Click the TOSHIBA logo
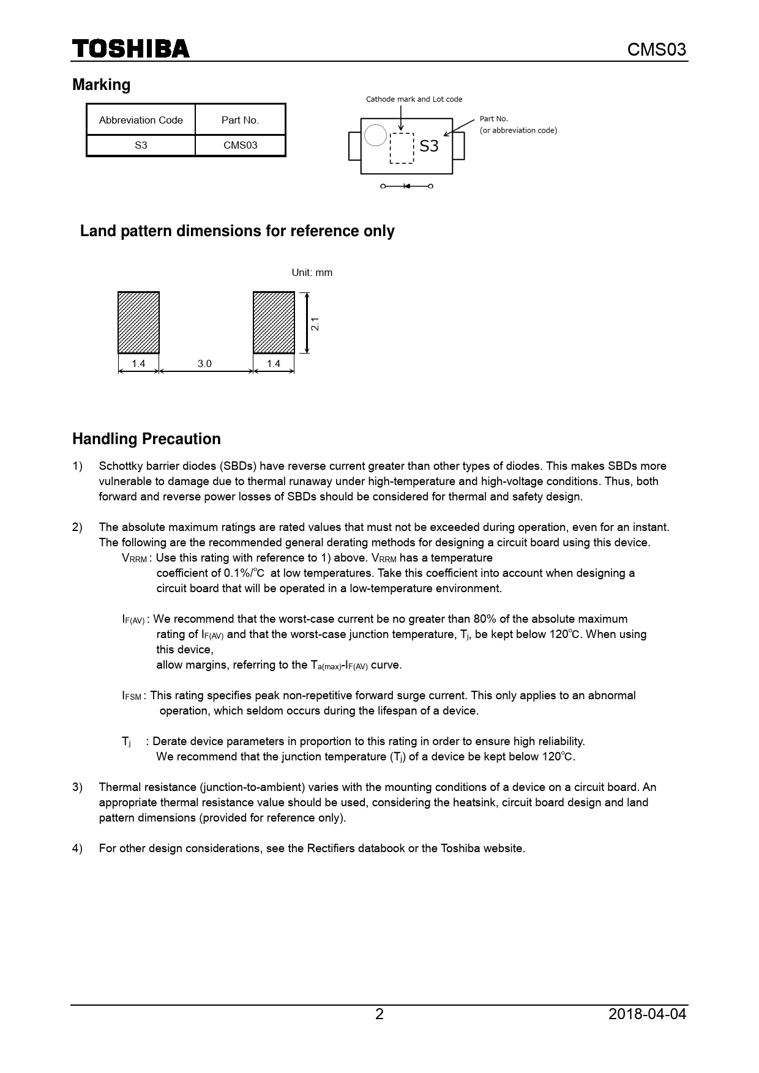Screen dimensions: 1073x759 (131, 49)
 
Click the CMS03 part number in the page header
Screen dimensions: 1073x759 (657, 50)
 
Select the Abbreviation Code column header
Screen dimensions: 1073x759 (141, 120)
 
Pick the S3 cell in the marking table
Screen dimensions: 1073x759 (141, 146)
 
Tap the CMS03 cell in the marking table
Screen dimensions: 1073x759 (240, 146)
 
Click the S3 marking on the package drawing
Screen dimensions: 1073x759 (429, 146)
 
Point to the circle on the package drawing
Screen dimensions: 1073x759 (375, 135)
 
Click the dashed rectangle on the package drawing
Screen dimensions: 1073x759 (402, 149)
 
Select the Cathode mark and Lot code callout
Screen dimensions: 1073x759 (414, 99)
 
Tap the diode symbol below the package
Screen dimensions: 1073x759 (406, 186)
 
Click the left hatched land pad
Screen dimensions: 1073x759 (139, 322)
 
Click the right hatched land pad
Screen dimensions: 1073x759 (274, 322)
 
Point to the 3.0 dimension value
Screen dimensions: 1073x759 (204, 363)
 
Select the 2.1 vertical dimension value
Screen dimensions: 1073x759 (315, 324)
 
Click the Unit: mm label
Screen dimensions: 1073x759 (312, 272)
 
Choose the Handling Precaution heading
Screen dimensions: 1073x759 (146, 439)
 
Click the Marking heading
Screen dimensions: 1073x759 (101, 84)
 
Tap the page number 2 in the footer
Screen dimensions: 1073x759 (379, 1014)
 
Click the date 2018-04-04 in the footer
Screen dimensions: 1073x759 (647, 1014)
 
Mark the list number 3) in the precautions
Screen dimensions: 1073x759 (77, 787)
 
